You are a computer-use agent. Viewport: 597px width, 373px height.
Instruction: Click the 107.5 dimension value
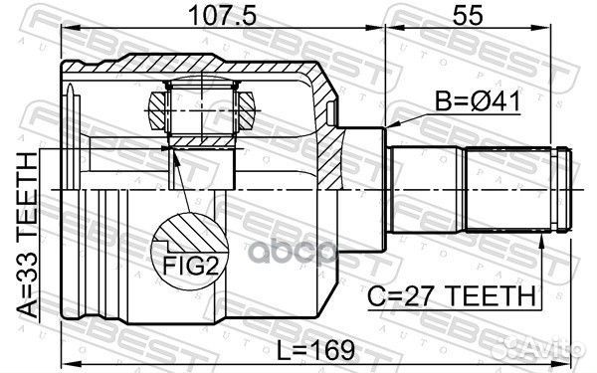(222, 17)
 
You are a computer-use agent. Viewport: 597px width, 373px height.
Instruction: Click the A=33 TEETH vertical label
(21, 232)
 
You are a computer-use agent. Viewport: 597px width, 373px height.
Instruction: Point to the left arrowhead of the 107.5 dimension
(68, 32)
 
